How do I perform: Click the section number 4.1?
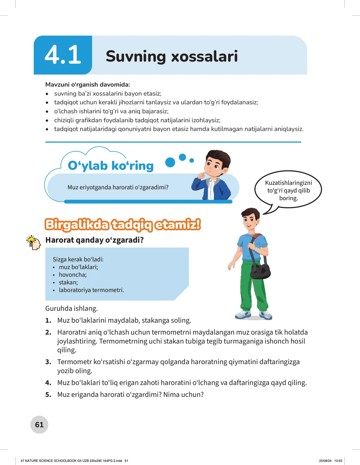[63, 55]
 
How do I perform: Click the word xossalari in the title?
[204, 56]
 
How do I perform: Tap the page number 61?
[39, 424]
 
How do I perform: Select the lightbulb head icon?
[33, 243]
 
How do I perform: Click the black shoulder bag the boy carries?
[260, 270]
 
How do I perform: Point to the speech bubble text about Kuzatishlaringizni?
[288, 190]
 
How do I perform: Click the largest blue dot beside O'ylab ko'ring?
[170, 162]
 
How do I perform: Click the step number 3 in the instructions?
[48, 362]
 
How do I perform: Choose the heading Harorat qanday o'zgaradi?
[94, 240]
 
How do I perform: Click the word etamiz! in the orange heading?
[178, 225]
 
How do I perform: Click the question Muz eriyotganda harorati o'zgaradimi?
[118, 187]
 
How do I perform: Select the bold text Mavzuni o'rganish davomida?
[88, 85]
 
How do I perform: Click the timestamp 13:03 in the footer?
[338, 460]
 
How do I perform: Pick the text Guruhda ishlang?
[71, 309]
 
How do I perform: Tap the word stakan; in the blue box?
[68, 282]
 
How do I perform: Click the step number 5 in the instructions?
[48, 395]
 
